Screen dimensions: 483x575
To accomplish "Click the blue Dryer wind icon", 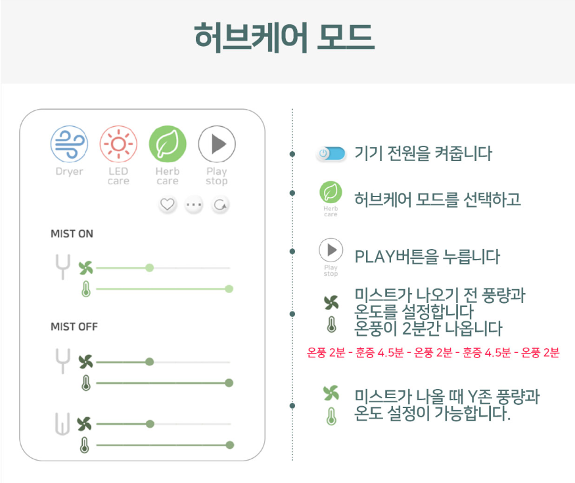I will click(x=69, y=144).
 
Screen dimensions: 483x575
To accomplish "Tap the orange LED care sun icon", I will click(x=118, y=144).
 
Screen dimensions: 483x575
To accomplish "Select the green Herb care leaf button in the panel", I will click(x=168, y=144).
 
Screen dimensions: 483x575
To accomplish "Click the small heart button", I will click(x=168, y=205).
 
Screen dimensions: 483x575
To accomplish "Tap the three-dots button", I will click(x=194, y=205).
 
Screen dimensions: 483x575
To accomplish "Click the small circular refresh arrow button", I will click(x=220, y=205).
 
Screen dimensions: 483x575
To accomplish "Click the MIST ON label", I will click(x=72, y=234).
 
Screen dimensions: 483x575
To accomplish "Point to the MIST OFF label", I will click(x=74, y=327).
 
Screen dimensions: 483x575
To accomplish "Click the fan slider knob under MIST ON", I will click(x=150, y=267).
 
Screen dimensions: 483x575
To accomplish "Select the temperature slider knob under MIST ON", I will click(x=229, y=288).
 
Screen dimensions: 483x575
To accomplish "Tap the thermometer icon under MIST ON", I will click(x=85, y=288).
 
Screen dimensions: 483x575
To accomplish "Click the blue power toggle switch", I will click(x=331, y=154).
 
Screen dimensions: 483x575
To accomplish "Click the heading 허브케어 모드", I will click(x=284, y=37).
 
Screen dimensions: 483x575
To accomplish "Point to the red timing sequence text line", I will click(x=433, y=352).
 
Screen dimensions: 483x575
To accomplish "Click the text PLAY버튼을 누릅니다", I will click(x=426, y=256).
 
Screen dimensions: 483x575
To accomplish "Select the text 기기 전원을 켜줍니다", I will click(x=423, y=154).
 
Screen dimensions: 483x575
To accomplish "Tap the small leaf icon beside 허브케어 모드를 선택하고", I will click(x=331, y=193).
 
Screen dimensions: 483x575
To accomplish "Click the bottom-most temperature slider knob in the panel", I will click(x=229, y=445).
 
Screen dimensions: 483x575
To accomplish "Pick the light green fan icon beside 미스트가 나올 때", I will click(x=331, y=393).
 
